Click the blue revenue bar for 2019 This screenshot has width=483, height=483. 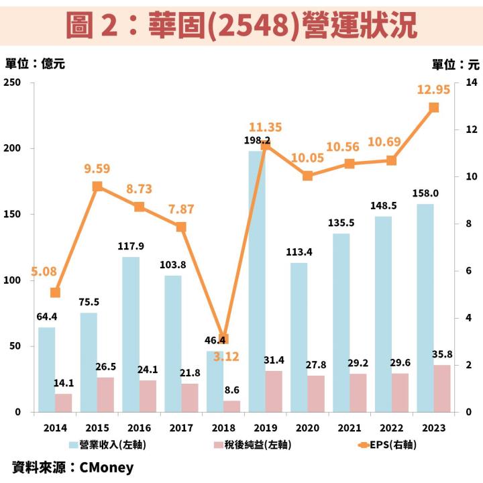click(x=257, y=282)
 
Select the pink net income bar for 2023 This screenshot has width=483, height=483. click(x=442, y=388)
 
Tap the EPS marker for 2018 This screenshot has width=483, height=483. click(x=223, y=339)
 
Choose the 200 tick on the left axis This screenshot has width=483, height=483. click(x=14, y=148)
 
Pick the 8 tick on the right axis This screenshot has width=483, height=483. click(x=470, y=224)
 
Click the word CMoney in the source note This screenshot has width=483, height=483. click(x=107, y=467)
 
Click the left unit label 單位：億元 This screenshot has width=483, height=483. click(x=35, y=64)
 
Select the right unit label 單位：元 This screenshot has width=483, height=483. click(x=455, y=64)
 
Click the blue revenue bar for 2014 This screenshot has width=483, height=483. click(x=47, y=370)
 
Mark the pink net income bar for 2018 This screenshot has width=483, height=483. click(x=231, y=407)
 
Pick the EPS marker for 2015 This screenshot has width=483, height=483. click(x=97, y=186)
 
